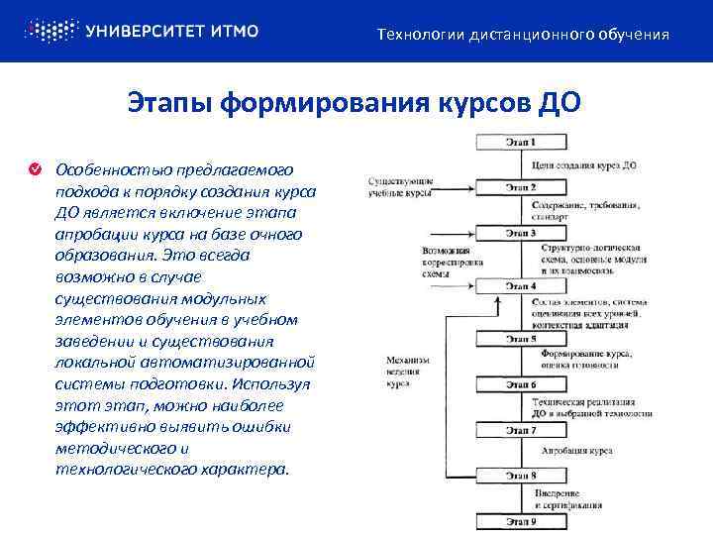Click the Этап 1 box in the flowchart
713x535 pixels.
[x=521, y=143]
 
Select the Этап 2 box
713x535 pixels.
[x=521, y=186]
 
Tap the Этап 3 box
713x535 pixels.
[x=521, y=234]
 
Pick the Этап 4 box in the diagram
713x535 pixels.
[x=521, y=285]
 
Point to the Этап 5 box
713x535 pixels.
[x=521, y=339]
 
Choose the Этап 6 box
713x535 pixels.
[x=521, y=384]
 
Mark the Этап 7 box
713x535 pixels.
[x=521, y=431]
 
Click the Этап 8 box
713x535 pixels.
[x=521, y=476]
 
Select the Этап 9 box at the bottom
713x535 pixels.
[x=521, y=521]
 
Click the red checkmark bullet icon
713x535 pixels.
[x=35, y=169]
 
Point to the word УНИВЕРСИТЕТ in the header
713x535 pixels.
[x=148, y=31]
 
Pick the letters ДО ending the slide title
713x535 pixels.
[x=555, y=103]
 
